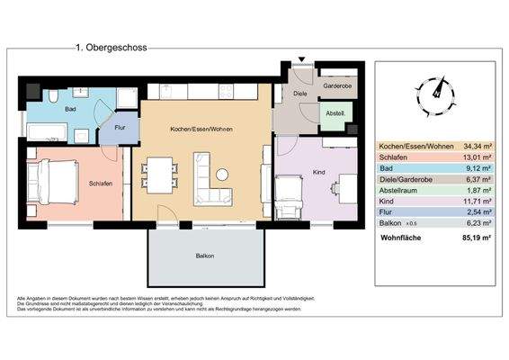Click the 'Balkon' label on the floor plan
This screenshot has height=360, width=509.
pos(205,256)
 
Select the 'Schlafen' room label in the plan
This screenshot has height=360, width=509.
pos(100,183)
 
